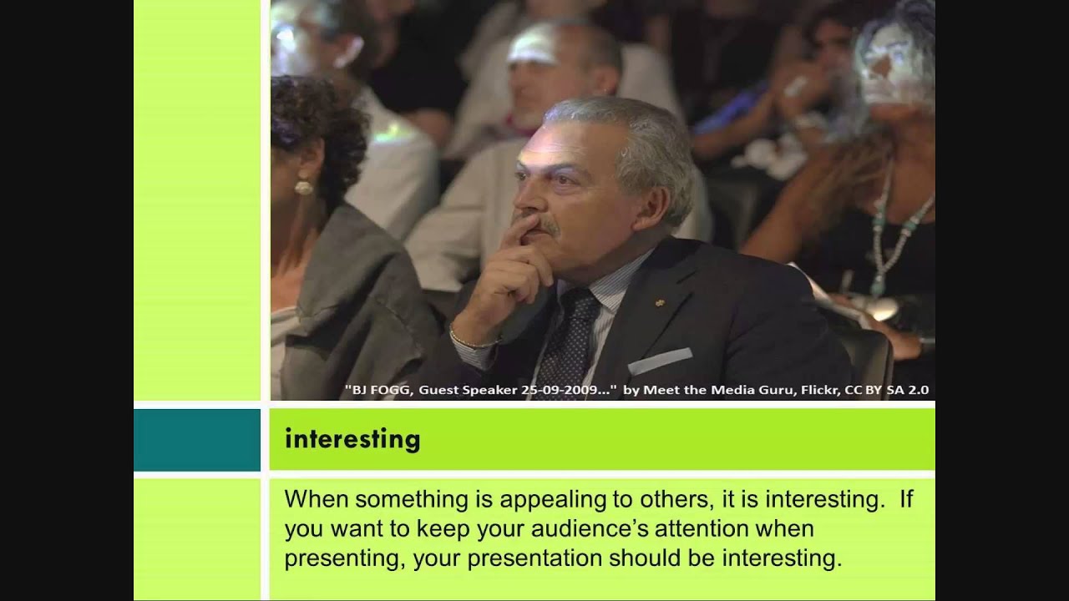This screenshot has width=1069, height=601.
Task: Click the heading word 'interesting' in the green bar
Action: tap(352, 439)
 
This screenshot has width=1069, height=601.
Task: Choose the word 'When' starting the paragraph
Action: tap(312, 499)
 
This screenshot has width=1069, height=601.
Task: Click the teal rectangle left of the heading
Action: tap(197, 439)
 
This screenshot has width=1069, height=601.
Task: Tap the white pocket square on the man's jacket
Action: tap(659, 361)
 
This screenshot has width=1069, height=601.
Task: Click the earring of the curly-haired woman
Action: tap(303, 186)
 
